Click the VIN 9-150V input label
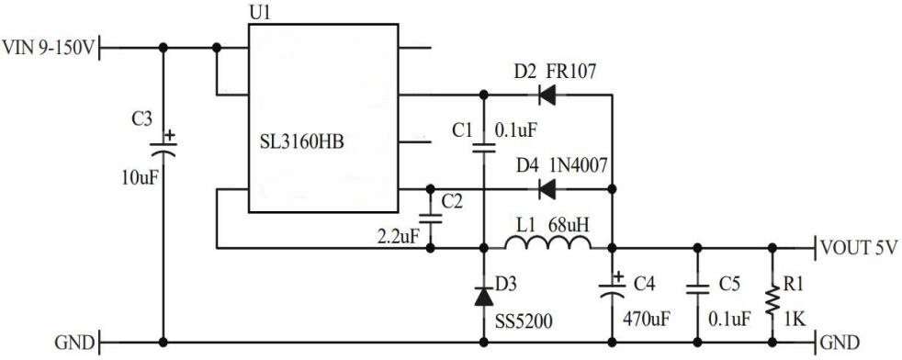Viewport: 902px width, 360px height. (48, 46)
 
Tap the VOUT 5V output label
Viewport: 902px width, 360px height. (856, 248)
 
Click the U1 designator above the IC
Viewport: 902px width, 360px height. (261, 13)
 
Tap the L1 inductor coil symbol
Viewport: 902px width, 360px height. (548, 242)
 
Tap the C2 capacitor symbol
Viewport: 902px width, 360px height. (429, 219)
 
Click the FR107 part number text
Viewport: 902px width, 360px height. (571, 72)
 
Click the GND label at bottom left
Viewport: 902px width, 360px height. (73, 343)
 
